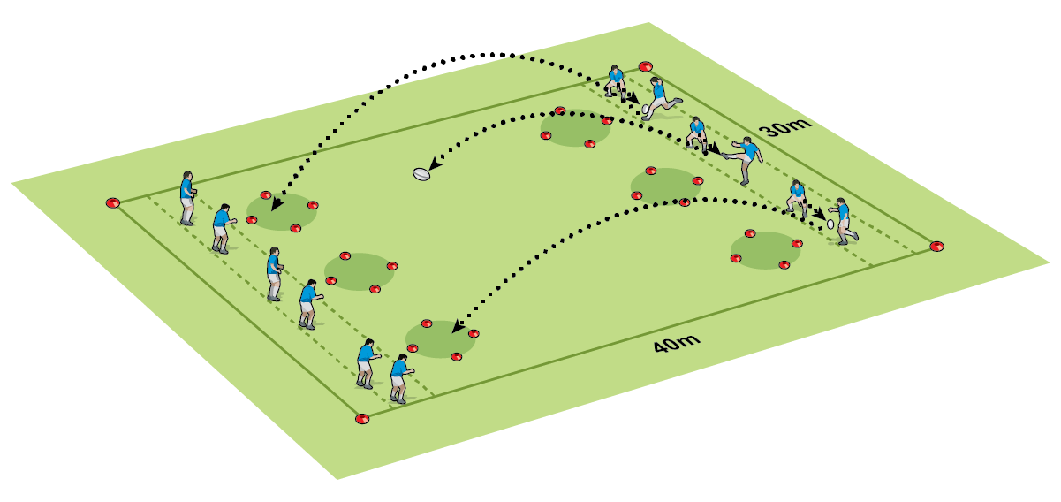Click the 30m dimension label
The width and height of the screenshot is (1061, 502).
pyautogui.click(x=784, y=126)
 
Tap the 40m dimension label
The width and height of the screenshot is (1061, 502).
pyautogui.click(x=677, y=343)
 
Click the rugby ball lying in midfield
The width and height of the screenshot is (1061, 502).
pyautogui.click(x=421, y=174)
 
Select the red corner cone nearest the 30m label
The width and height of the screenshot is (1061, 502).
pyautogui.click(x=645, y=66)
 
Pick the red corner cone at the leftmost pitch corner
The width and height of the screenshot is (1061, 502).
pyautogui.click(x=113, y=203)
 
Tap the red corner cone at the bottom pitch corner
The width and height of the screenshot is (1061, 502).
pyautogui.click(x=362, y=419)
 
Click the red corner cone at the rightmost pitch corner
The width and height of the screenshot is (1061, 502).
pyautogui.click(x=936, y=247)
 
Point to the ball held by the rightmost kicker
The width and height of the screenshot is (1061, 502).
pyautogui.click(x=830, y=224)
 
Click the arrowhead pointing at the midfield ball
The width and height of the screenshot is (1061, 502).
pyautogui.click(x=435, y=164)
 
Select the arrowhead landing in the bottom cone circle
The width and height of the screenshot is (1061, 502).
pyautogui.click(x=459, y=326)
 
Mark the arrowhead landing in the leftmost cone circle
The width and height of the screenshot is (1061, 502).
pyautogui.click(x=277, y=204)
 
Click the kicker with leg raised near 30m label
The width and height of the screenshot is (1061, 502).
pyautogui.click(x=744, y=160)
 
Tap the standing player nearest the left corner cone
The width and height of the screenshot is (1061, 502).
pyautogui.click(x=187, y=198)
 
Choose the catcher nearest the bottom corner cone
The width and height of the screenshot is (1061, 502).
pyautogui.click(x=401, y=378)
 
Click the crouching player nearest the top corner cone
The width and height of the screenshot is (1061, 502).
pyautogui.click(x=616, y=83)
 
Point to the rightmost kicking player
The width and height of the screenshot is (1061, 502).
pyautogui.click(x=843, y=221)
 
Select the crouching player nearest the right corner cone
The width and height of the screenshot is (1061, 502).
pyautogui.click(x=798, y=198)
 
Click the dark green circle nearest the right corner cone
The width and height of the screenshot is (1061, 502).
pyautogui.click(x=765, y=250)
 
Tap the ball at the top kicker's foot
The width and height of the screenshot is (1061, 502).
pyautogui.click(x=645, y=109)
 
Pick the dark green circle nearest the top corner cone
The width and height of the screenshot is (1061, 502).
pyautogui.click(x=575, y=128)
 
